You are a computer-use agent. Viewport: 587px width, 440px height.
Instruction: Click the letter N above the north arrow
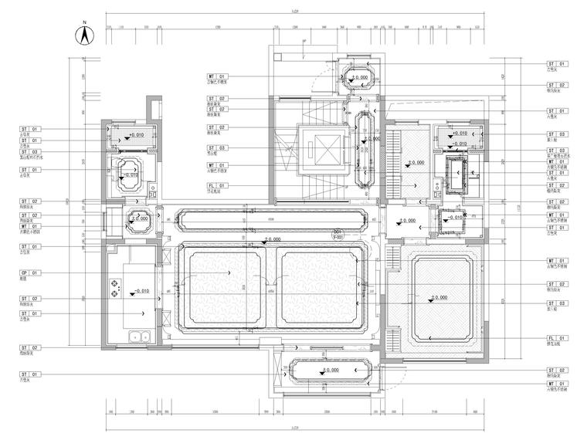coord(85,24)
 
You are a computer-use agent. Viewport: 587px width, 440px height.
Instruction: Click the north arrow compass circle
coord(85,36)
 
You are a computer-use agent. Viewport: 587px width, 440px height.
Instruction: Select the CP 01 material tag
coord(29,272)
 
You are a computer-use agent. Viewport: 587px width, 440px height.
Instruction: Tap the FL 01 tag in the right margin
coord(557,338)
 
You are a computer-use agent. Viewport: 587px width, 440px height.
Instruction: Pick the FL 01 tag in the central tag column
coord(216,185)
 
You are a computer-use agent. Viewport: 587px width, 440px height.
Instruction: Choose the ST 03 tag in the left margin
coord(29,152)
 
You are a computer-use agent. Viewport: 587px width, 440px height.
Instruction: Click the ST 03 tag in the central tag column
coord(216,147)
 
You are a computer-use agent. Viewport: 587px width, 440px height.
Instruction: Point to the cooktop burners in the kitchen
coord(118,289)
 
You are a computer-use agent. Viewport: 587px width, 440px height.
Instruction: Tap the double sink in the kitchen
coord(140,337)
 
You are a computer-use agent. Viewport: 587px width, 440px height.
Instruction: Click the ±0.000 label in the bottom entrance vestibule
coord(327,371)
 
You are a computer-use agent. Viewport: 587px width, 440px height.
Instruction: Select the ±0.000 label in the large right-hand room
coord(438,297)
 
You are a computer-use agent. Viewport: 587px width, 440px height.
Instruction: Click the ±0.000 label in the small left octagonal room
coord(140,219)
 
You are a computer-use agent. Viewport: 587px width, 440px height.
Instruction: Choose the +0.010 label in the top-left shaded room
coord(137,135)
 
